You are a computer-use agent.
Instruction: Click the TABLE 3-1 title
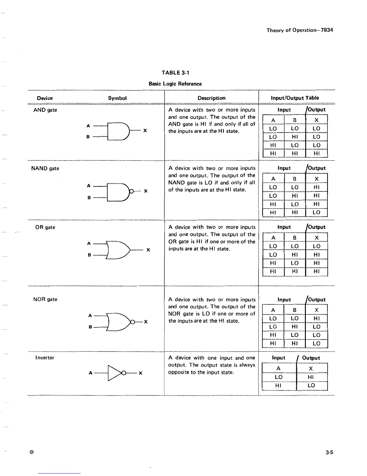(x=175, y=72)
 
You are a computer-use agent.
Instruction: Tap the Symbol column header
(x=117, y=98)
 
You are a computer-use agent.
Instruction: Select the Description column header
(x=211, y=98)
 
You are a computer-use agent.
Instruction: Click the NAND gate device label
(x=45, y=168)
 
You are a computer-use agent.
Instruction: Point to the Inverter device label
(x=45, y=358)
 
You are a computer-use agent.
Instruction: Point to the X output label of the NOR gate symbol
(x=146, y=322)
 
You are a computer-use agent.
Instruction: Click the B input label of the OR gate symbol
(x=89, y=255)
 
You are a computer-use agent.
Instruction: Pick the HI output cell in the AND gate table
(x=316, y=154)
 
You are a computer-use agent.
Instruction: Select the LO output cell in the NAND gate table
(x=316, y=212)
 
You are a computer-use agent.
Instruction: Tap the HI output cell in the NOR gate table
(x=317, y=318)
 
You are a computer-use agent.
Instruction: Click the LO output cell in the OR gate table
(x=317, y=246)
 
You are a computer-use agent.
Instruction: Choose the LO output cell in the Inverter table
(x=312, y=385)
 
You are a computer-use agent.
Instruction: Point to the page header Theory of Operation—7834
(x=300, y=30)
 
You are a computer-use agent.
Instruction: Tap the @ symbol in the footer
(x=31, y=452)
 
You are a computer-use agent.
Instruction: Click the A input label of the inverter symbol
(x=91, y=373)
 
